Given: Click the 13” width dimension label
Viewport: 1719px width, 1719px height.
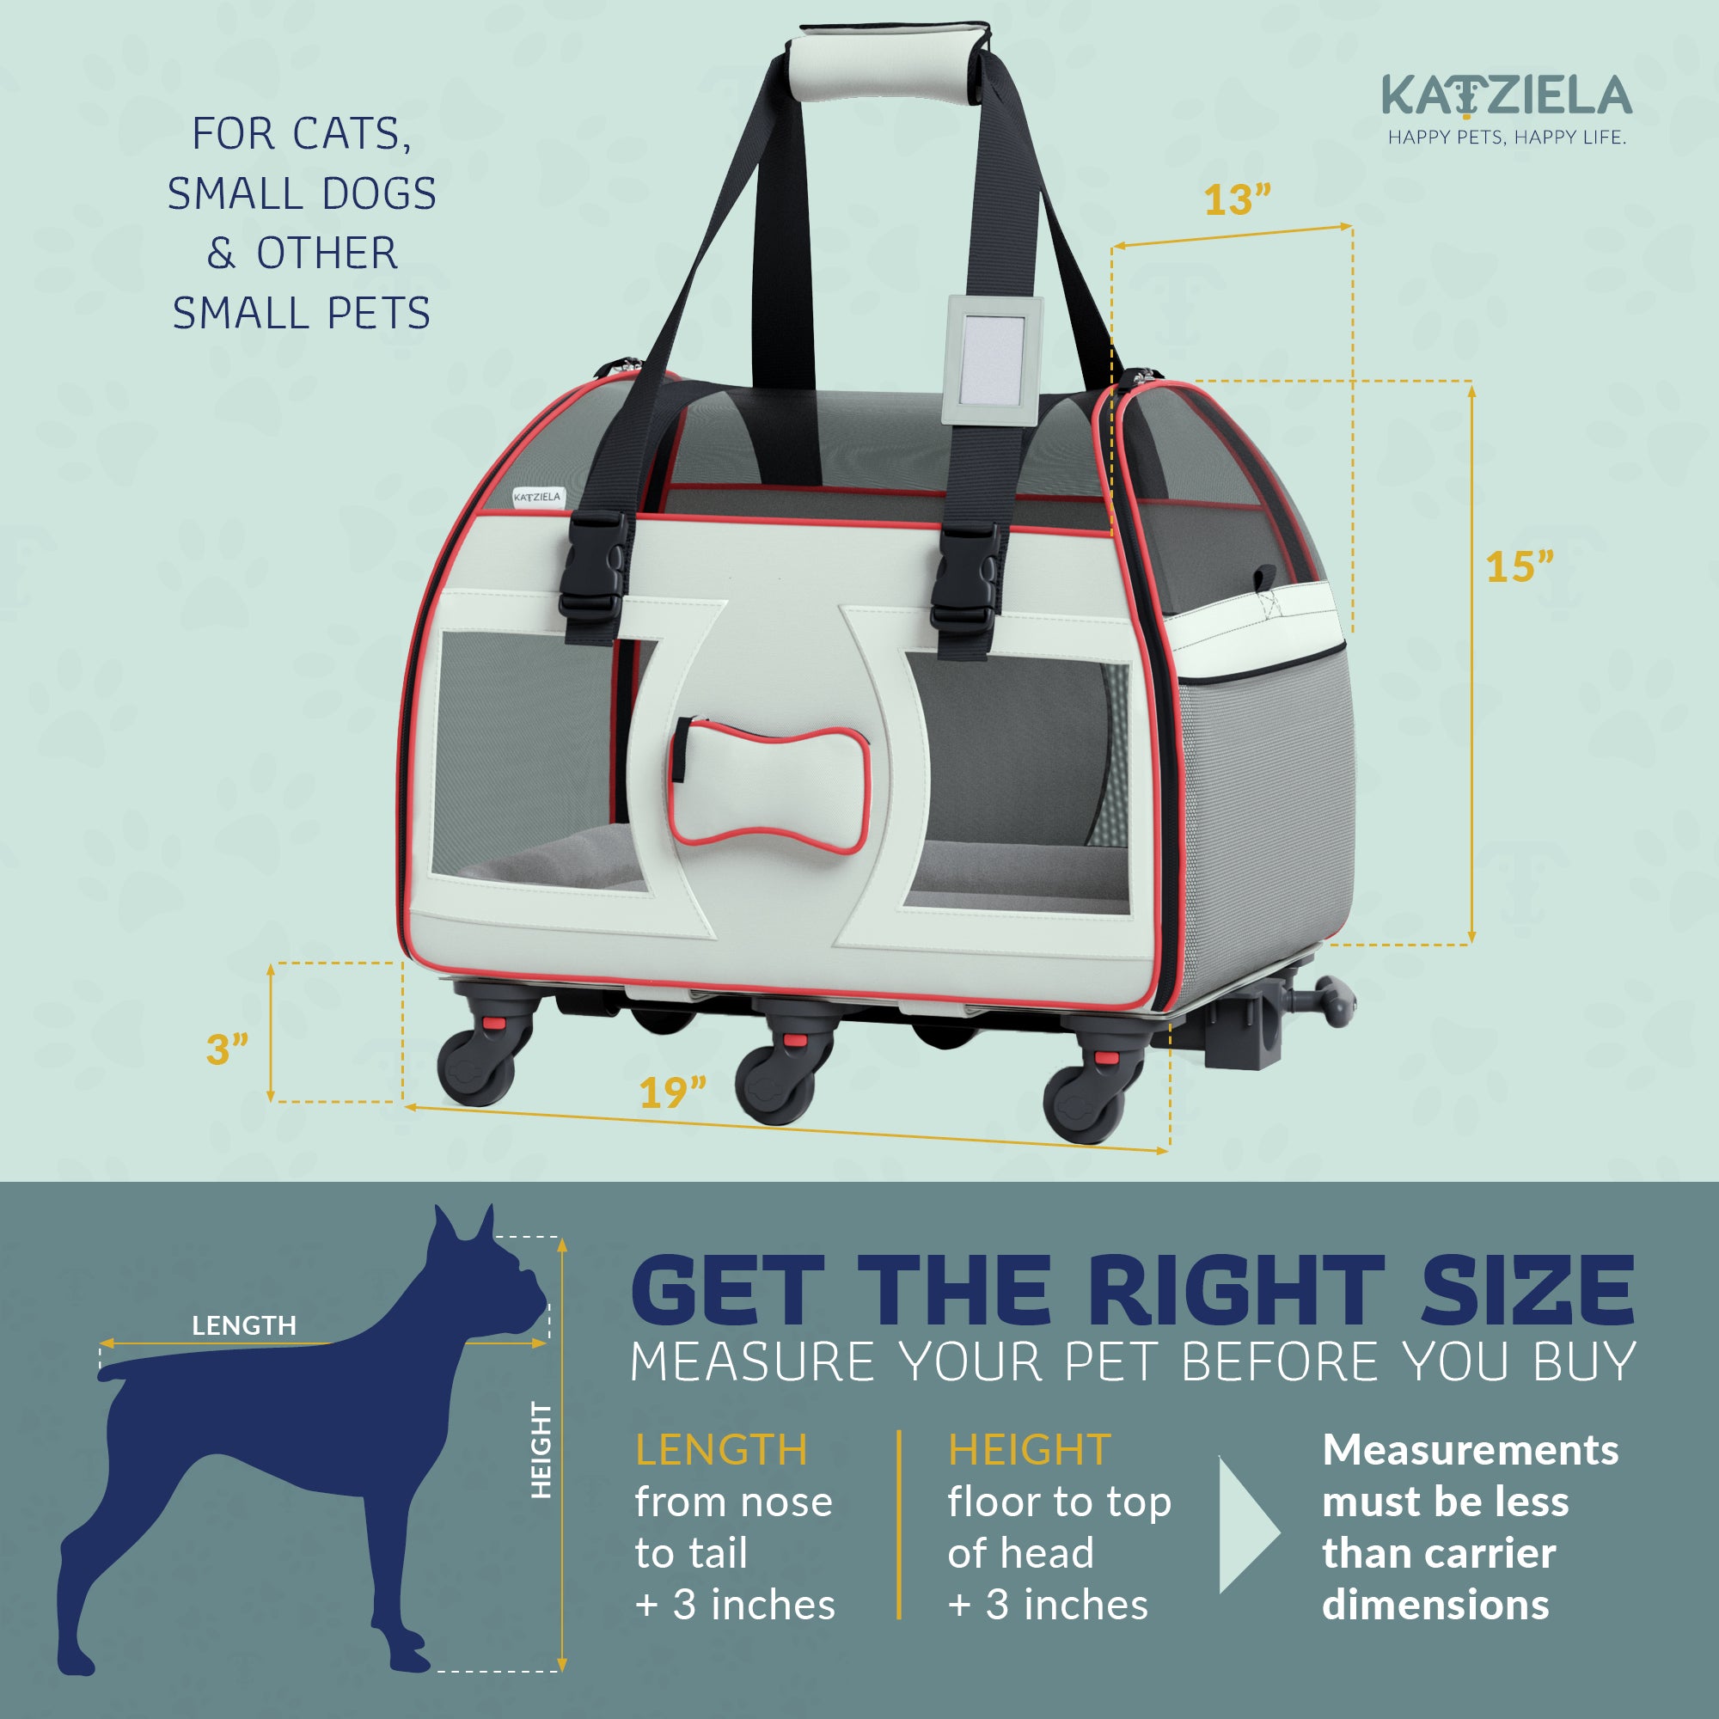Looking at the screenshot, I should (x=1237, y=200).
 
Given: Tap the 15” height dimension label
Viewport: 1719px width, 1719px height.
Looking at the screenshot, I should (x=1519, y=566).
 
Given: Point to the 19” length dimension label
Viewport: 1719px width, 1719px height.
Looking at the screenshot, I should (x=673, y=1092).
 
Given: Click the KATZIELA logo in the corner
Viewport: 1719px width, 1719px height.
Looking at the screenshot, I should (x=1507, y=97).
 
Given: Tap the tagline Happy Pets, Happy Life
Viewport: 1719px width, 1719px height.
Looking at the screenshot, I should (x=1507, y=138).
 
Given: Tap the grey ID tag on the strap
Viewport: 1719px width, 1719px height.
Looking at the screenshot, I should (x=993, y=358).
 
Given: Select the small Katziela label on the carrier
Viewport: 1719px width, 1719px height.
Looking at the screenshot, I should (x=537, y=497).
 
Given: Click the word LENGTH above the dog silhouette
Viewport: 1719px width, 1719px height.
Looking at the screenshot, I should (x=244, y=1325).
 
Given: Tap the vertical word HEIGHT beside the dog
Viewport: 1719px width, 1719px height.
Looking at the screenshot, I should (x=541, y=1449).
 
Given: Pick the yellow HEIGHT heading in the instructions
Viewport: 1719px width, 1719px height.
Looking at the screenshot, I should (x=1029, y=1449).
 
